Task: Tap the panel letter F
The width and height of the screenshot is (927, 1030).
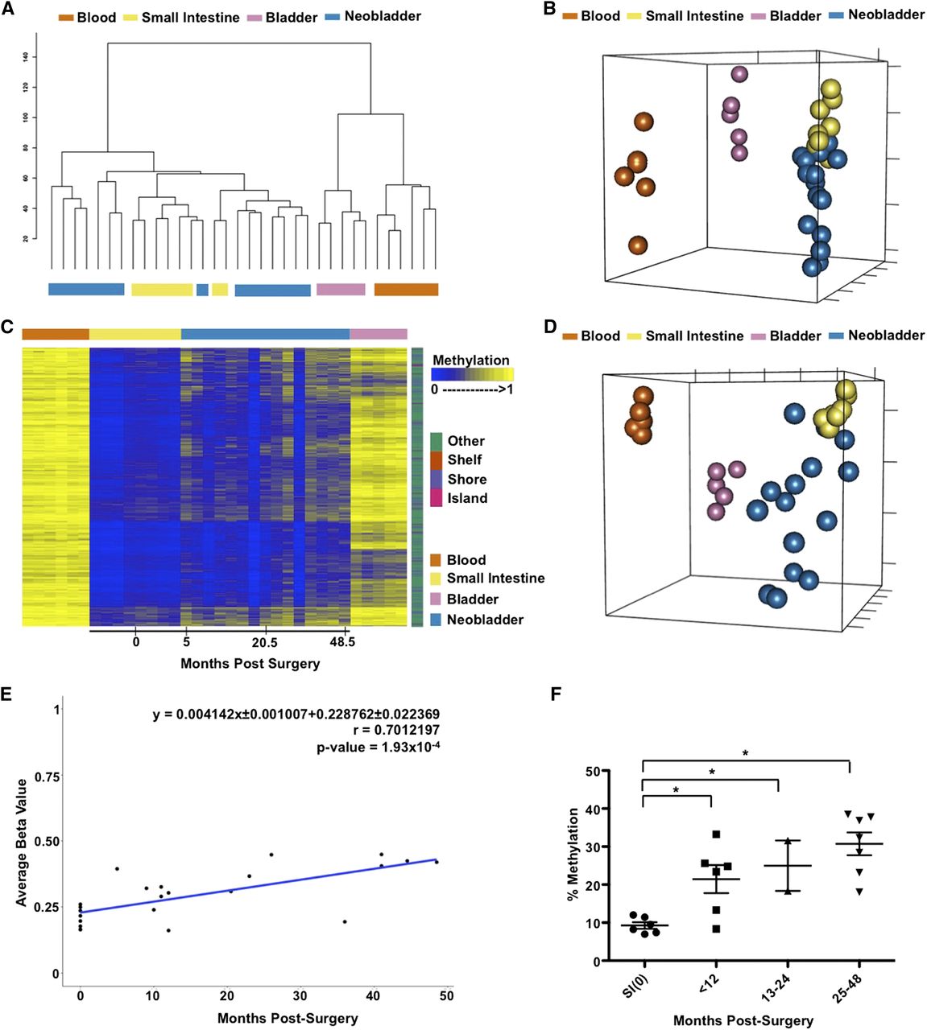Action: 557,693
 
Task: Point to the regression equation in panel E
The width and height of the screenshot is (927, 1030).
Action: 296,715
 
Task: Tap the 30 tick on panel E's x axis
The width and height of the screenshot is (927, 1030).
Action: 300,995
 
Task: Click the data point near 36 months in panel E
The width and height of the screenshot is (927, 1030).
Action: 345,921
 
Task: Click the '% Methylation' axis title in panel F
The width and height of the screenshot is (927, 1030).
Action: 573,854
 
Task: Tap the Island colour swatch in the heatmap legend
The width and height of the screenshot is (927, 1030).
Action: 436,498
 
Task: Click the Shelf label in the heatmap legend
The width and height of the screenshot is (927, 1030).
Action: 465,459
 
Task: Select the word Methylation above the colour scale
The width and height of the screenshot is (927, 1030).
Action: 471,360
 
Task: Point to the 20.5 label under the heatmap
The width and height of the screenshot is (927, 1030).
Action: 264,642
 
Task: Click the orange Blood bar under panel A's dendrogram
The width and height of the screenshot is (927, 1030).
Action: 406,290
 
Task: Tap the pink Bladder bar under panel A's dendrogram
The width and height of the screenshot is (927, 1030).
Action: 341,290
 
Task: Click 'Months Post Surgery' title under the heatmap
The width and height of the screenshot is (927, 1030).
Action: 250,663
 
